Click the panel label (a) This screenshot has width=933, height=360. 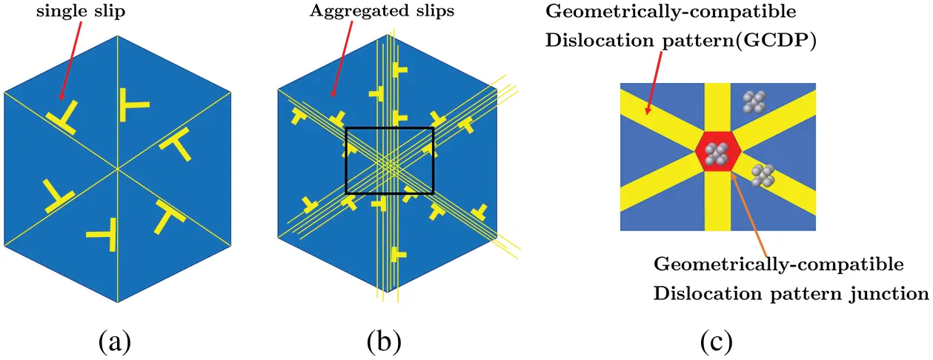pyautogui.click(x=115, y=341)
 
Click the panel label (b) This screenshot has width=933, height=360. pyautogui.click(x=384, y=341)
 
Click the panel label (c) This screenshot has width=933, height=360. pyautogui.click(x=716, y=341)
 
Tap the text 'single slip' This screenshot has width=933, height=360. pyautogui.click(x=81, y=11)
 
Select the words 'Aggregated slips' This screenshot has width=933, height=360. pyautogui.click(x=382, y=11)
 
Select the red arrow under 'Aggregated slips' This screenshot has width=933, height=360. pyautogui.click(x=342, y=59)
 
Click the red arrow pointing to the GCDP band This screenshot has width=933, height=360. pyautogui.click(x=653, y=83)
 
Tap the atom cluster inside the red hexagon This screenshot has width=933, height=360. pyautogui.click(x=717, y=154)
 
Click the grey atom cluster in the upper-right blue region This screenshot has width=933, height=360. pyautogui.click(x=754, y=102)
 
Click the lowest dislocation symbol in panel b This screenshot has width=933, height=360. pyautogui.click(x=398, y=254)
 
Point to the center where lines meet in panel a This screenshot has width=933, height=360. pyautogui.click(x=118, y=169)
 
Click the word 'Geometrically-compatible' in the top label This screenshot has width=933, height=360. pyautogui.click(x=671, y=12)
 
